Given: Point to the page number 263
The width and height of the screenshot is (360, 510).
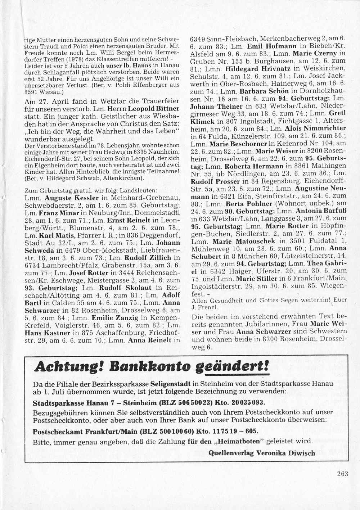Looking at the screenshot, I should tap(343, 474).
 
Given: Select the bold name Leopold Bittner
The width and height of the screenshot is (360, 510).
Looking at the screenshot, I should tap(154, 108).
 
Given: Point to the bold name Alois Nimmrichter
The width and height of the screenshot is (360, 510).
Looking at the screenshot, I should tap(315, 128).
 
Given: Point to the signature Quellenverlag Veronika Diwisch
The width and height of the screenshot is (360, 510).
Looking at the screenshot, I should tap(262, 453).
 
